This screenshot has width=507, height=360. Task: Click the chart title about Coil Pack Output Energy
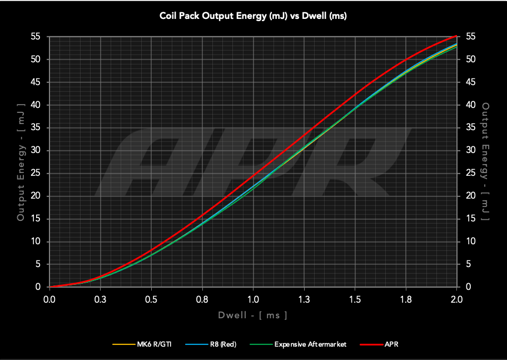(x=253, y=16)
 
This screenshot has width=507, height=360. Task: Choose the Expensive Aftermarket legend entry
(x=310, y=344)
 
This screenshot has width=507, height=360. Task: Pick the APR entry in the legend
(x=391, y=344)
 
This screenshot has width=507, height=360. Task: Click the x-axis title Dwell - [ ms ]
(x=253, y=315)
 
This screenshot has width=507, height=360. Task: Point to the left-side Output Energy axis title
(x=21, y=162)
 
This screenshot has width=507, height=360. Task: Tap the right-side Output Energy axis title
(x=486, y=162)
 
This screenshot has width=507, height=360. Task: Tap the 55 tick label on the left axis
(x=36, y=37)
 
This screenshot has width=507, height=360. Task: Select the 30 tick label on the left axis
(x=36, y=150)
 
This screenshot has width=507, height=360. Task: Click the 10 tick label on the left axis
(x=36, y=241)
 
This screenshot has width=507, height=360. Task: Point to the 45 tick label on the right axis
(x=470, y=82)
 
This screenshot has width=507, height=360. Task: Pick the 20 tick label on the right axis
(x=470, y=196)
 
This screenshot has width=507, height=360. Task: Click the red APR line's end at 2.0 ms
(x=456, y=36)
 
